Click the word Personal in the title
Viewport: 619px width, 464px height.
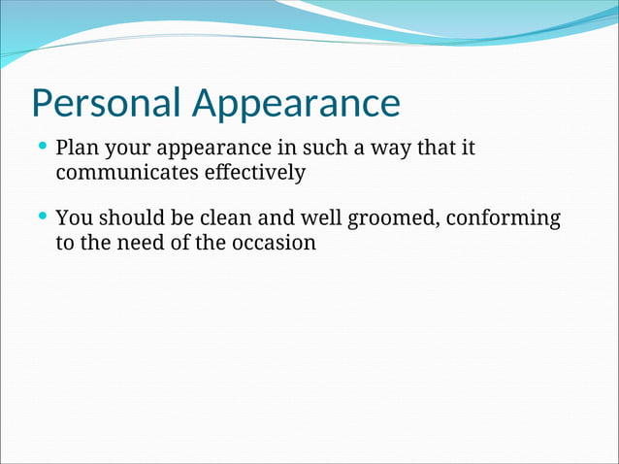[x=106, y=103]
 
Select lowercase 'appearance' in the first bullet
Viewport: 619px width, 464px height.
[x=212, y=151]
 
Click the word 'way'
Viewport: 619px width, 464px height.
[x=390, y=151]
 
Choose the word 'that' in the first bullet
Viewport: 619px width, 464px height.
[x=436, y=149]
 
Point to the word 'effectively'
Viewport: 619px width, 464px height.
[x=251, y=174]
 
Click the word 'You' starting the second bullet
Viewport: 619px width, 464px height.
[x=73, y=218]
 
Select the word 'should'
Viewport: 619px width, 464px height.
[x=127, y=218]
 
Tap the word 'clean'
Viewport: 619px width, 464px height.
[x=226, y=218]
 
